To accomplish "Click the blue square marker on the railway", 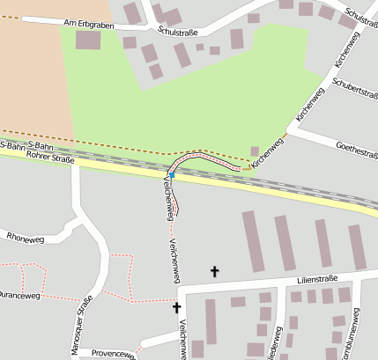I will tap(172, 176).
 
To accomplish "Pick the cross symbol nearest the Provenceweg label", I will tap(176, 307).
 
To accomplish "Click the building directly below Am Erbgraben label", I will tap(88, 40).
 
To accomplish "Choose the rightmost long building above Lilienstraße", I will tap(357, 246).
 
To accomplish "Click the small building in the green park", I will tap(256, 151).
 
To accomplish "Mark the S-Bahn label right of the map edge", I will tap(41, 144).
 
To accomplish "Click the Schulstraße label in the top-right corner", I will tap(362, 17).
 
